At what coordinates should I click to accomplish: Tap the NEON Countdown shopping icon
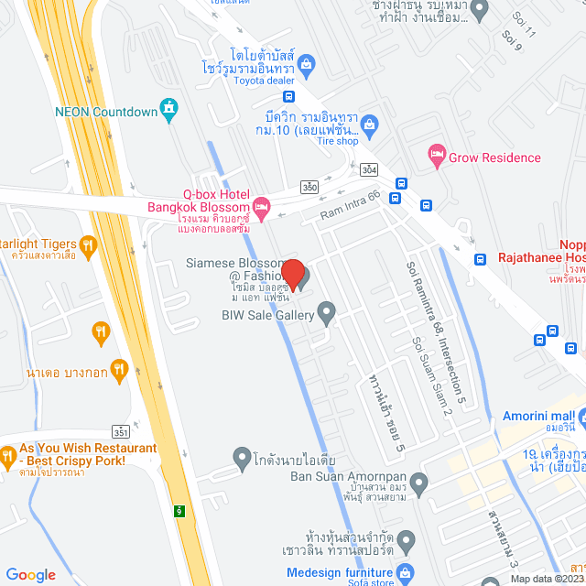[x=168, y=111]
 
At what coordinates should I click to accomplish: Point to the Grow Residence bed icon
[x=436, y=157]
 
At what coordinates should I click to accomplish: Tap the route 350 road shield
[x=310, y=188]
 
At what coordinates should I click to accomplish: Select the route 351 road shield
[x=121, y=430]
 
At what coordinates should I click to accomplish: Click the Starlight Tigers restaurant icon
[x=88, y=244]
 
